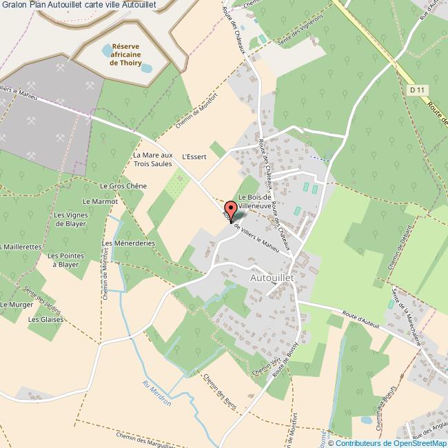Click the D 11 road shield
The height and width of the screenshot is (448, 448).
(414, 89)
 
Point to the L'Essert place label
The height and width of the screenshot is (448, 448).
(194, 156)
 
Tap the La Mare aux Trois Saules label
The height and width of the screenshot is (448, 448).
(152, 160)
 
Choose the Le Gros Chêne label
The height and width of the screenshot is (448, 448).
(123, 186)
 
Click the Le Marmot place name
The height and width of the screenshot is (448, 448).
(100, 201)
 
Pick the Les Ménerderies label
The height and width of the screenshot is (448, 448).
(124, 243)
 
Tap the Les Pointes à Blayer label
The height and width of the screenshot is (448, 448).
(68, 259)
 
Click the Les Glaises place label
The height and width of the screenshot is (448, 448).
(45, 320)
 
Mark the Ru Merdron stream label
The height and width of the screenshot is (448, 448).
(156, 393)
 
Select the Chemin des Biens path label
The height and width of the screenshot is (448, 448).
(220, 392)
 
